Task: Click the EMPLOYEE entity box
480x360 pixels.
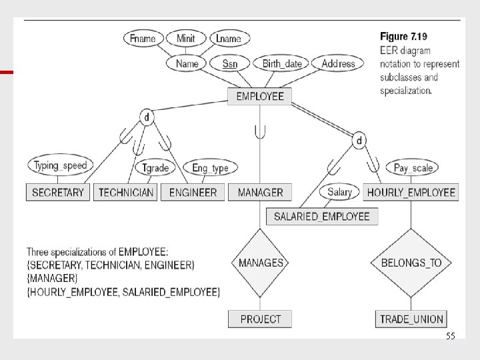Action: pyautogui.click(x=260, y=96)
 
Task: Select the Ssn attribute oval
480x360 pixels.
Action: pyautogui.click(x=229, y=63)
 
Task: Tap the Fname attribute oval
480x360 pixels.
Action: pyautogui.click(x=143, y=38)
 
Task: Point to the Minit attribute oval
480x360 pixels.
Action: pyautogui.click(x=185, y=38)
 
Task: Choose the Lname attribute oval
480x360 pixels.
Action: pyautogui.click(x=229, y=38)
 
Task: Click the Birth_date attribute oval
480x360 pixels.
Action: pyautogui.click(x=282, y=63)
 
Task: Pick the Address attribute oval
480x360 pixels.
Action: pyautogui.click(x=338, y=63)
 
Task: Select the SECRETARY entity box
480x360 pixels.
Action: pyautogui.click(x=58, y=192)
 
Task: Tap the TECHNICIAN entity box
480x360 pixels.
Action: pyautogui.click(x=126, y=192)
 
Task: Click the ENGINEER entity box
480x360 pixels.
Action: pyautogui.click(x=193, y=192)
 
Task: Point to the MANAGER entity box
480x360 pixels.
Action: pyautogui.click(x=260, y=192)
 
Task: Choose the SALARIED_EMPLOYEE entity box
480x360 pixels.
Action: pyautogui.click(x=321, y=216)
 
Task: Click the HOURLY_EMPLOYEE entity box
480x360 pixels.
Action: pyautogui.click(x=411, y=192)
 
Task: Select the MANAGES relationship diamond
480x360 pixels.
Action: pyautogui.click(x=261, y=263)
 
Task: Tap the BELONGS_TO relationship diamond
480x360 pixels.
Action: pyautogui.click(x=411, y=263)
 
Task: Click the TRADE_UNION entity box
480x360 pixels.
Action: pyautogui.click(x=411, y=319)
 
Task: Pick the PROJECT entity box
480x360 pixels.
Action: pyautogui.click(x=261, y=319)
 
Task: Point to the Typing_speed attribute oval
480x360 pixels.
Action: pyautogui.click(x=60, y=165)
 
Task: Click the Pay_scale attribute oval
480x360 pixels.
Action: pyautogui.click(x=413, y=168)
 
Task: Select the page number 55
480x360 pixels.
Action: pyautogui.click(x=451, y=337)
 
